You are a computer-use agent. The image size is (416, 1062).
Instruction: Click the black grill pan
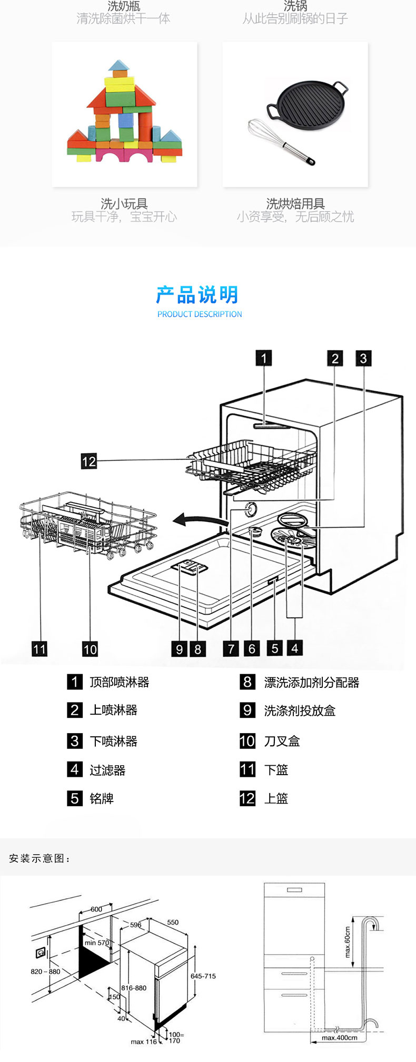(308, 103)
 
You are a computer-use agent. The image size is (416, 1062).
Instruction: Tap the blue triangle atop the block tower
(119, 66)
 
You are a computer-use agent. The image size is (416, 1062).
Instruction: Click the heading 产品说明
(197, 295)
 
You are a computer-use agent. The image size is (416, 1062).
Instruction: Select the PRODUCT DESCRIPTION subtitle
(200, 314)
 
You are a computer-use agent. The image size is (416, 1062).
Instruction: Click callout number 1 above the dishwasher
(263, 358)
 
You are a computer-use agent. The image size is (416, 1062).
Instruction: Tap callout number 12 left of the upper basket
(88, 461)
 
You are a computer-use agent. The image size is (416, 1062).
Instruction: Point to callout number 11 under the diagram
(39, 649)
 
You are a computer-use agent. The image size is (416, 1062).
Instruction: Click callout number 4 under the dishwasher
(295, 648)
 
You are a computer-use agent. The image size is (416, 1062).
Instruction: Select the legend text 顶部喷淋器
(120, 682)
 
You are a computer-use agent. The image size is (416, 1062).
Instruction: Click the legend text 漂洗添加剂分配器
(311, 683)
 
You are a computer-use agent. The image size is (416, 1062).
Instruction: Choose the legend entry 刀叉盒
(282, 741)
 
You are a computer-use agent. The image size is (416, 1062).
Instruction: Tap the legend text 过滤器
(107, 770)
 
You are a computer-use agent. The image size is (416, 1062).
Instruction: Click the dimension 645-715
(203, 976)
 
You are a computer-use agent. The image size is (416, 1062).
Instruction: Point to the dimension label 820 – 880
(45, 971)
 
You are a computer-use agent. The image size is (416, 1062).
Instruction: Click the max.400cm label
(340, 1038)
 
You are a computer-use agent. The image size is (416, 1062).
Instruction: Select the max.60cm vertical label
(348, 942)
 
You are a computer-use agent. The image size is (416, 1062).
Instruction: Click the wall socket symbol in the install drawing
(40, 953)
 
